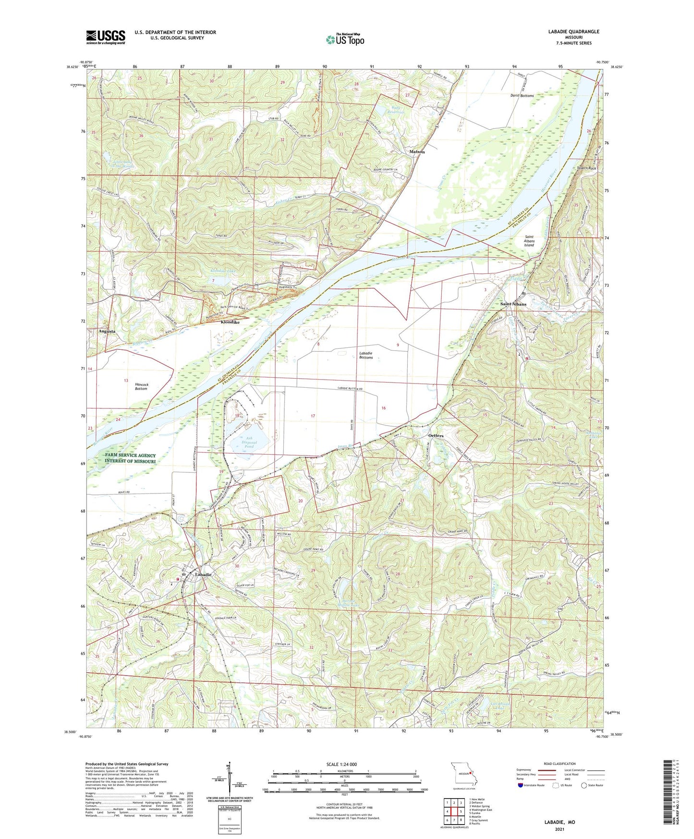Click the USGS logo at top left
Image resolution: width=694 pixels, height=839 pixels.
(x=106, y=37)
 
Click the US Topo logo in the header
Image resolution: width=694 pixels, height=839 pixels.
(x=345, y=39)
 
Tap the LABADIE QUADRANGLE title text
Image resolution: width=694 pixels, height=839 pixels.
(x=573, y=32)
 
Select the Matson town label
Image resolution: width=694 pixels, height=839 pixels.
(x=417, y=152)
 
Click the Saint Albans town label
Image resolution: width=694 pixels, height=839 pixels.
(x=513, y=304)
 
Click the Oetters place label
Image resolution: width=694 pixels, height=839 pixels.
(x=436, y=436)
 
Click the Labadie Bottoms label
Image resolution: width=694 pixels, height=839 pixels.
(x=366, y=355)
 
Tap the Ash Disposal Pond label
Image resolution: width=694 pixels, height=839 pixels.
(x=243, y=442)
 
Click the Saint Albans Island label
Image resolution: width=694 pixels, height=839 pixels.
(x=529, y=241)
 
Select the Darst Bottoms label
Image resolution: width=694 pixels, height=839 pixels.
(x=522, y=96)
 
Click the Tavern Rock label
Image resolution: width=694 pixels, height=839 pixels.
(x=586, y=168)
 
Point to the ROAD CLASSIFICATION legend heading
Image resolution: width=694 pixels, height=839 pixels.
(x=560, y=764)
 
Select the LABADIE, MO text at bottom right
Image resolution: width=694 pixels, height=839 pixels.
(x=560, y=822)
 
